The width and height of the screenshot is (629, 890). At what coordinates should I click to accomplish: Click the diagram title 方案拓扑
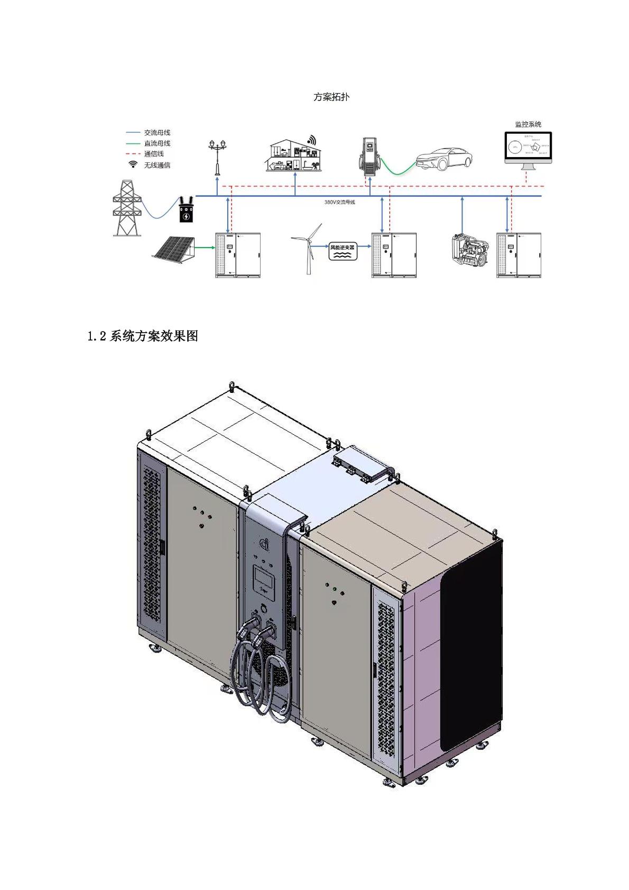click(331, 97)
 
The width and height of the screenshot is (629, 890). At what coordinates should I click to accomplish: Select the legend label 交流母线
click(157, 132)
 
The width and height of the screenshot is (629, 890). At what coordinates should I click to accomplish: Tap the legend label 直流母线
click(157, 143)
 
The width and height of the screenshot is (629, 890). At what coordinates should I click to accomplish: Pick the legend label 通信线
click(154, 154)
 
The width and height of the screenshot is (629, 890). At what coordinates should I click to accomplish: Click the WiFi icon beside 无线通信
click(133, 165)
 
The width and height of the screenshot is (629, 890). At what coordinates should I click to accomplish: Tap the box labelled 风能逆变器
click(342, 251)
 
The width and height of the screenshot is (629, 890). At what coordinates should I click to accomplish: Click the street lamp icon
click(217, 157)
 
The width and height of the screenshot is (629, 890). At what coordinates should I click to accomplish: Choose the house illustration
click(293, 155)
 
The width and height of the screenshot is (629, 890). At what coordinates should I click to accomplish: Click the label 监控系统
click(528, 124)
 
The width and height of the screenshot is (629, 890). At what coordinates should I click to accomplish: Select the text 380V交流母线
click(339, 202)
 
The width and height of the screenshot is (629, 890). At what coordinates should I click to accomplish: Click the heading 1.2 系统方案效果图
click(143, 336)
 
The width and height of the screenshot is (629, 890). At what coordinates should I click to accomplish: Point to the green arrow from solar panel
click(205, 247)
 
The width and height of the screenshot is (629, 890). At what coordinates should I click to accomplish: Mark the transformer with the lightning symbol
click(186, 210)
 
